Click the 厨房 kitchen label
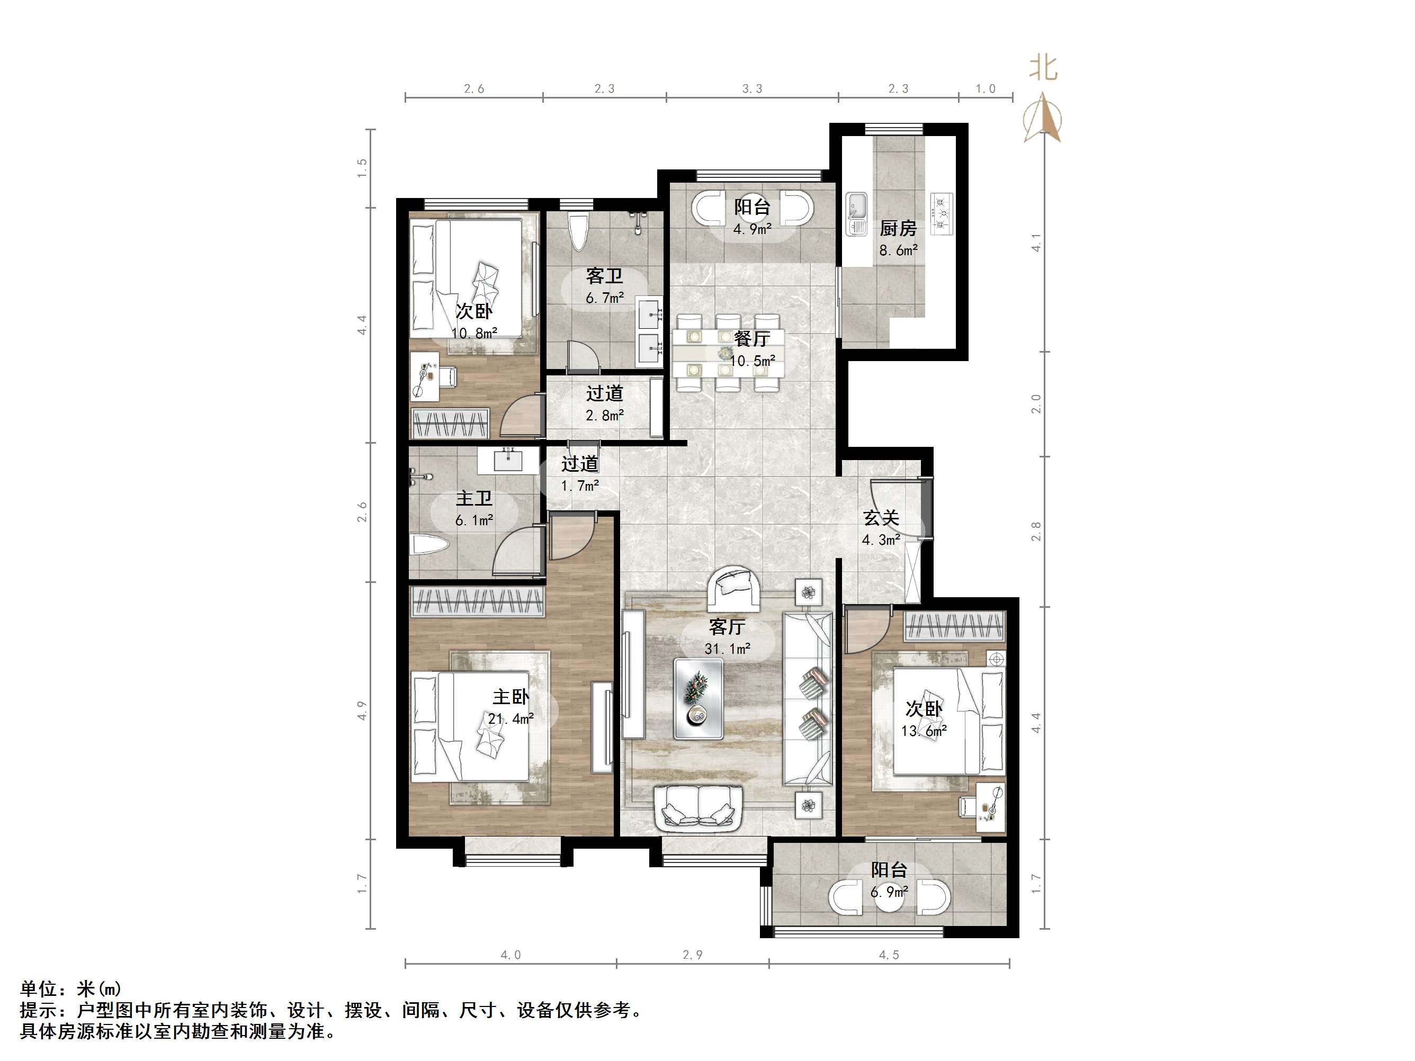898,228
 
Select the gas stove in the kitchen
942,213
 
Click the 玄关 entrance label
881,518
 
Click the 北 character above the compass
1043,68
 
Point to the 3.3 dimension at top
753,89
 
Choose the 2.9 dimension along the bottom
693,955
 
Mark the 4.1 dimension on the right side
1036,243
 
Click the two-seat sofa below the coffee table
698,809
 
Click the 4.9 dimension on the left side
363,711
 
